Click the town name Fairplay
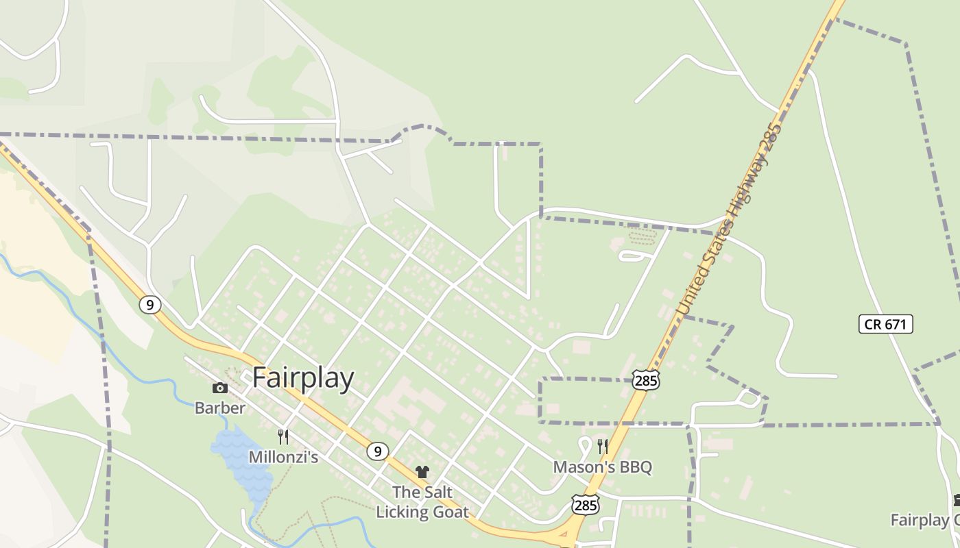pos(303,378)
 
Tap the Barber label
pos(219,408)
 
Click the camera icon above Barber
pos(219,388)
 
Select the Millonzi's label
pos(283,457)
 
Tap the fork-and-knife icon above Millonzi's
pos(283,436)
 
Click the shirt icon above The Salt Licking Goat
pos(422,472)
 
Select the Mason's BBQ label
pos(603,467)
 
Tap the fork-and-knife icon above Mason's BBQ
pos(603,447)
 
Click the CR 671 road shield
pos(885,324)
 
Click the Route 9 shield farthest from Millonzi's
pos(149,305)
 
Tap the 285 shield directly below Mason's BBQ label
pos(585,506)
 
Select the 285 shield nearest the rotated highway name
pos(646,380)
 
